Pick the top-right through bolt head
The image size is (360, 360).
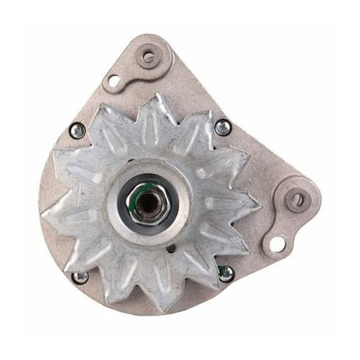tap(223, 127)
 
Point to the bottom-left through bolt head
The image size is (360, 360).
tap(80, 277)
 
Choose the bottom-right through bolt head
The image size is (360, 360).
tap(226, 273)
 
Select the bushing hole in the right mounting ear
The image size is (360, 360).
tap(296, 201)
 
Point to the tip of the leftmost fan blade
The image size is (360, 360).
tap(43, 214)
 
